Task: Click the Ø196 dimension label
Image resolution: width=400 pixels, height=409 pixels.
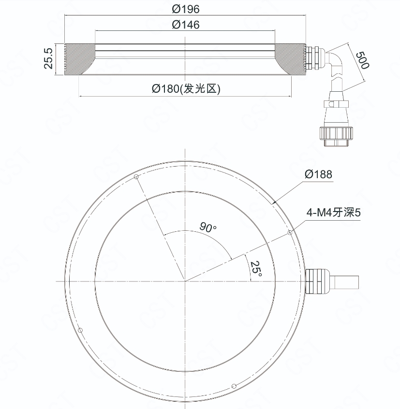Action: [186, 9]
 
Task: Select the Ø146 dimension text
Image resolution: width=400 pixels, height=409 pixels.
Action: [186, 25]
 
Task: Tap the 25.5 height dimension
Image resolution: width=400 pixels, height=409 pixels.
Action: [48, 58]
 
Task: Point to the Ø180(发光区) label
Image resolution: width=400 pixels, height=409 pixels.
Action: [186, 89]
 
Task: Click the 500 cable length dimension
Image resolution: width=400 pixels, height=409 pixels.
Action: [363, 60]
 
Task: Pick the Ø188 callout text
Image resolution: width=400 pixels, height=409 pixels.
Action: [318, 174]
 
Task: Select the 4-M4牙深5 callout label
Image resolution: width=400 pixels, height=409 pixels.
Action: [333, 212]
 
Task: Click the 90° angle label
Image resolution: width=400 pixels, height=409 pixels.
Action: [208, 227]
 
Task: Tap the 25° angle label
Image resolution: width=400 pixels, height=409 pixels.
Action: [256, 268]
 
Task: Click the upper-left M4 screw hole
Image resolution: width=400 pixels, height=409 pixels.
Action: [136, 177]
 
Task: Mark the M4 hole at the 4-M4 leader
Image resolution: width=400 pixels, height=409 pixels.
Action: [290, 232]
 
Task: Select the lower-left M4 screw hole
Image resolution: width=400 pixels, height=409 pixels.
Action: [80, 330]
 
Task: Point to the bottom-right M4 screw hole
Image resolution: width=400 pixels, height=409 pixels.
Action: [234, 386]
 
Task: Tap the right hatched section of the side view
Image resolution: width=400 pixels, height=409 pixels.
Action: [290, 59]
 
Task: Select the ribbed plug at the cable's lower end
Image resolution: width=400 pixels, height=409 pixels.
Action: [336, 136]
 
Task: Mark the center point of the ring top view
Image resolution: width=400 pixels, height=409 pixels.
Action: [185, 281]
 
